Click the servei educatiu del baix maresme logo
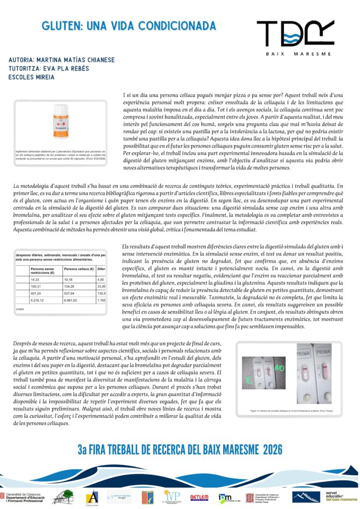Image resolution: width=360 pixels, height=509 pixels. pos(341,496)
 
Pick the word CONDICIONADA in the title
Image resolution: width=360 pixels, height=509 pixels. pos(177,26)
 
